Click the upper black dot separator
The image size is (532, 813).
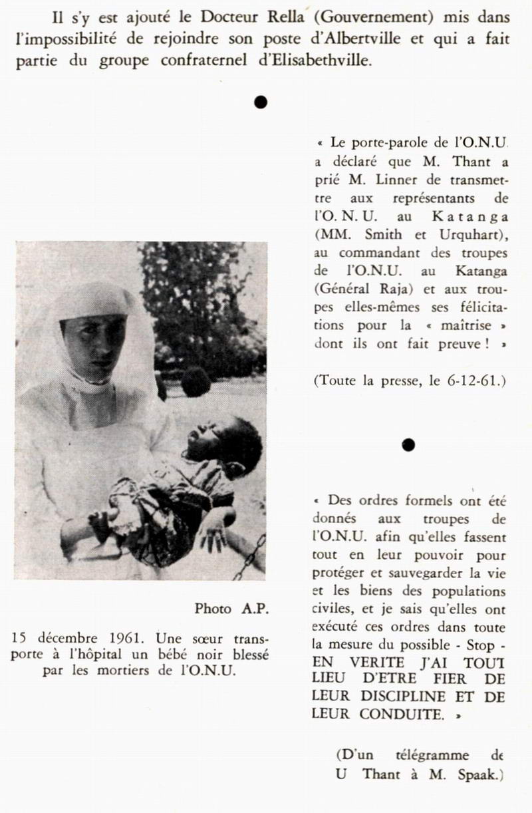[x=261, y=101]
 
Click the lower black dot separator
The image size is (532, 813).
[x=409, y=444]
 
